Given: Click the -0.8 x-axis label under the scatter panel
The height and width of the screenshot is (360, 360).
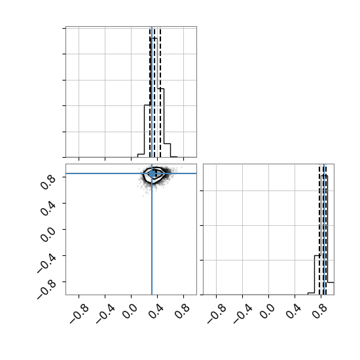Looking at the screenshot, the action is click(x=79, y=314).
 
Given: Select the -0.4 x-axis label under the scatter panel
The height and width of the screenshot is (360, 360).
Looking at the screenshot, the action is click(x=105, y=314).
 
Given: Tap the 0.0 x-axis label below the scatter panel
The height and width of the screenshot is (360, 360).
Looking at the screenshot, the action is click(x=130, y=312).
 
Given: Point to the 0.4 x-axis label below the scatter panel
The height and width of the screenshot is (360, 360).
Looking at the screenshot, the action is click(x=156, y=312).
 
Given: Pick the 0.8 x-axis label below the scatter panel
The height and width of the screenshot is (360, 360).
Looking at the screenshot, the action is click(x=183, y=312).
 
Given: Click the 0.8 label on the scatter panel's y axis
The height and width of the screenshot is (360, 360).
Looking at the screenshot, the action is click(x=48, y=182).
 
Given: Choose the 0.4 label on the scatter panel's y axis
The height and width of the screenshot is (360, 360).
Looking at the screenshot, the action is click(x=48, y=208).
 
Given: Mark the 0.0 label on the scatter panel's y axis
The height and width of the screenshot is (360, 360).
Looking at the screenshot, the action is click(x=48, y=234).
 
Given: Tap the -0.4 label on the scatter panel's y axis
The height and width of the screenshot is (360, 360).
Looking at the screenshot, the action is click(x=46, y=263).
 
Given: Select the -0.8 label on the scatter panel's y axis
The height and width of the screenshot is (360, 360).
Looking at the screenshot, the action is click(x=46, y=289).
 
